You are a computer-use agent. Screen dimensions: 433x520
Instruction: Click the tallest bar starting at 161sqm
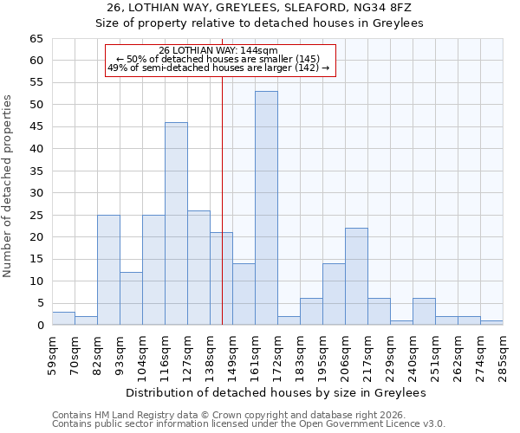(x=266, y=208)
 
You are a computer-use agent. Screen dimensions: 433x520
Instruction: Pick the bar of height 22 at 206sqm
(x=356, y=276)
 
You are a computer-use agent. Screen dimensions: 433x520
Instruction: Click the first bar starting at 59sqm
(x=63, y=318)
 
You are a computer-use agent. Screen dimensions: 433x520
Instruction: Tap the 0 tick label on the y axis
(x=39, y=326)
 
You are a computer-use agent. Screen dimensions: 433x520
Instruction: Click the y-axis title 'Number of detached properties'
(x=8, y=186)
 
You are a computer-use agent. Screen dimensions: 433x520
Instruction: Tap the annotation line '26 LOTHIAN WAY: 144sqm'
(x=218, y=50)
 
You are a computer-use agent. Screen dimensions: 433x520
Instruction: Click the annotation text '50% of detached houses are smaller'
(x=218, y=59)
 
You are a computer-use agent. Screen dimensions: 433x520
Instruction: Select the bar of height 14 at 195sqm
(x=334, y=294)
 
